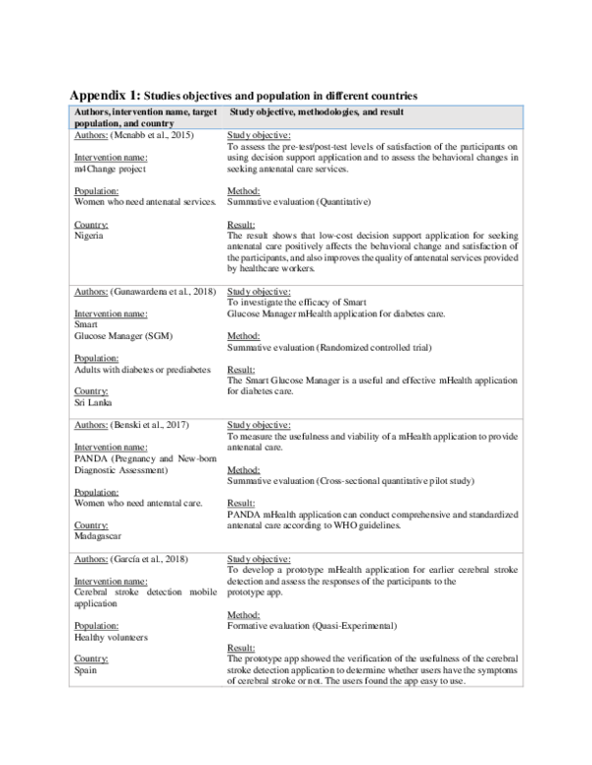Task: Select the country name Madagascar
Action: tap(100, 537)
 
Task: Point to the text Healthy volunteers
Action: tap(112, 636)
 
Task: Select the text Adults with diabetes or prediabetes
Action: tap(142, 369)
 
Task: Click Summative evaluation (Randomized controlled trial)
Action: tap(338, 348)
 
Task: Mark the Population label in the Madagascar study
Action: tap(97, 491)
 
